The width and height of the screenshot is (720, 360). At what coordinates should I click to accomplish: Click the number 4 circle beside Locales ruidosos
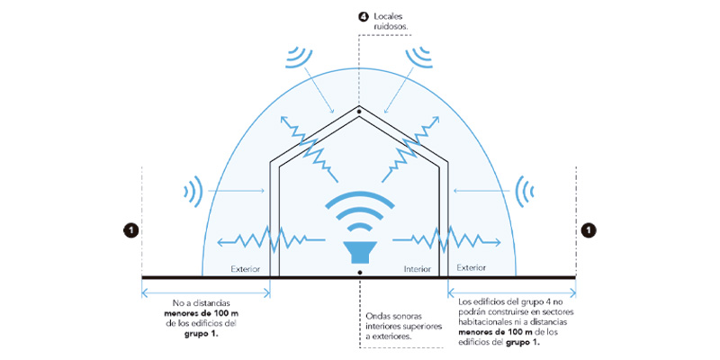(363, 18)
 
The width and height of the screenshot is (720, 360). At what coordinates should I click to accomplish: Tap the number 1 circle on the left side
(131, 230)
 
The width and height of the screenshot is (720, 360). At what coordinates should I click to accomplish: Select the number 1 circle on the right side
(588, 229)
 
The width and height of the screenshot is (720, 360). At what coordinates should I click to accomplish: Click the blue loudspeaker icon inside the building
(359, 252)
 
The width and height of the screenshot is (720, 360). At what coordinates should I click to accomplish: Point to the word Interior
(417, 269)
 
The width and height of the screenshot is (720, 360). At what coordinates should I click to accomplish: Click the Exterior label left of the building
(246, 269)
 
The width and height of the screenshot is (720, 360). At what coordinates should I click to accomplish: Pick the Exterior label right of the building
(471, 267)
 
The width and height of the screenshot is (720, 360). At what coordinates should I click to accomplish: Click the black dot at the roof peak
(359, 111)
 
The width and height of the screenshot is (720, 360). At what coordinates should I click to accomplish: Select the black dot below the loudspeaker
(359, 273)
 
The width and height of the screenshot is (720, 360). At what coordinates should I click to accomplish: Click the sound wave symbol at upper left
(299, 57)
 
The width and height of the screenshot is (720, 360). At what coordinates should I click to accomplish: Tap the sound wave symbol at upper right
(419, 57)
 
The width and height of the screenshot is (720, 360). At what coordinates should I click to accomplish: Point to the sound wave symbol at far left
(193, 191)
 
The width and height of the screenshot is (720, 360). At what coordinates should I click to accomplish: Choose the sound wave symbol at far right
(524, 191)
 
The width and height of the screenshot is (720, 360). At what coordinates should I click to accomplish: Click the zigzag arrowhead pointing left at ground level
(221, 241)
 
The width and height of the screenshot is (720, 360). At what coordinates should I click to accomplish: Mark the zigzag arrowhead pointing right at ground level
(496, 241)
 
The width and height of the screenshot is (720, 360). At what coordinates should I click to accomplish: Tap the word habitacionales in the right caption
(485, 322)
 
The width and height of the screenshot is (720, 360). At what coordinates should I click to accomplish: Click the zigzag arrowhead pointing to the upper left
(286, 121)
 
